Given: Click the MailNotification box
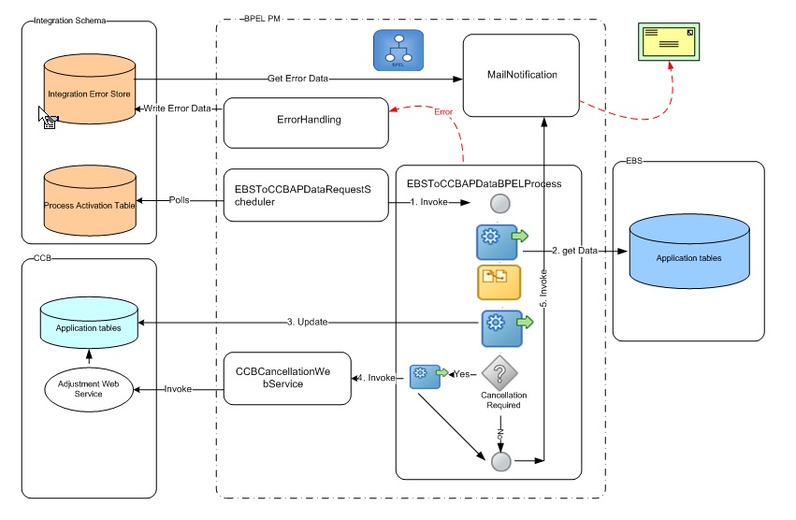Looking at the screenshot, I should point(522,75).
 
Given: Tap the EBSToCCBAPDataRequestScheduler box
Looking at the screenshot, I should point(306,195).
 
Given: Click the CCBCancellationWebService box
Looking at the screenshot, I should point(287,378).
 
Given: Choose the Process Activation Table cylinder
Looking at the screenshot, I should point(91,201).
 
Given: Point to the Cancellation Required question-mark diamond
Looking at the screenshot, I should point(499,373).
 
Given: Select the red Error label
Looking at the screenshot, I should point(444,112).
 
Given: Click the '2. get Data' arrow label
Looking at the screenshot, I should point(574,252).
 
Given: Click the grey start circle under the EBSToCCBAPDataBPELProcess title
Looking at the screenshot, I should point(499,203).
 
